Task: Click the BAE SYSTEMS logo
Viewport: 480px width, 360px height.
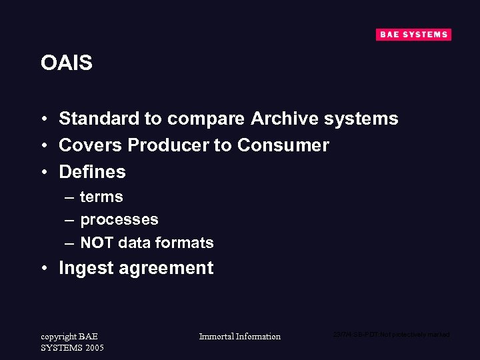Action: pos(413,35)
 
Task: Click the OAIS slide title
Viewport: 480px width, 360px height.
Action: pos(66,63)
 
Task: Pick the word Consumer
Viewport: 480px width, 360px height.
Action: pos(283,145)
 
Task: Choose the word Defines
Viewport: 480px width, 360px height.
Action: pos(92,172)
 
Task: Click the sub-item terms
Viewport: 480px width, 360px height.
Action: pos(101,197)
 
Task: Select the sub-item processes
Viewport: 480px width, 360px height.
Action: pos(119,220)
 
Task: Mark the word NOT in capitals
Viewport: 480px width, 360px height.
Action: pos(97,243)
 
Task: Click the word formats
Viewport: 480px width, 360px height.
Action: pos(185,243)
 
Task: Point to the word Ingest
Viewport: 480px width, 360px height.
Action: pos(87,269)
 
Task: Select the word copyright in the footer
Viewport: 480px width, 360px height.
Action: pos(59,337)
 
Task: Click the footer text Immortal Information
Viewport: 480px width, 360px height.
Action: pos(240,337)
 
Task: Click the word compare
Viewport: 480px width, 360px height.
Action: pos(206,119)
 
